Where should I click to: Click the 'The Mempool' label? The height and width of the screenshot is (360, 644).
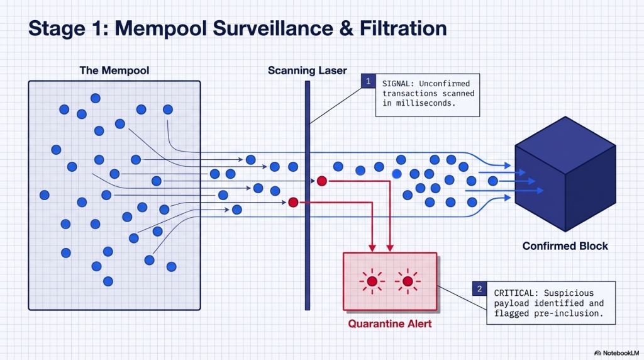tap(114, 70)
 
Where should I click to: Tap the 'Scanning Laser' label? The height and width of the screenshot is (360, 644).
tap(307, 70)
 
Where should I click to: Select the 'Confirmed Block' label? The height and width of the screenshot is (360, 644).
tap(565, 245)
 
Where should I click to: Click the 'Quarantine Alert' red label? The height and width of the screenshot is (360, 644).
tap(389, 324)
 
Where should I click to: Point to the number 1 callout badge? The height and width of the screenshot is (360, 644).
tap(367, 81)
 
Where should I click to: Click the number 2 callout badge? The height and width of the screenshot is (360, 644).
tap(479, 289)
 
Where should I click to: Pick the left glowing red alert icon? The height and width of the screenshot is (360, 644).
tap(372, 281)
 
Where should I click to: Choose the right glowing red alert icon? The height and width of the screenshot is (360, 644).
tap(408, 281)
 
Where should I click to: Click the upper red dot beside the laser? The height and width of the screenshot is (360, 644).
tap(322, 181)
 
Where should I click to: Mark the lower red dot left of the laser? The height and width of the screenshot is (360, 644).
tap(292, 202)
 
